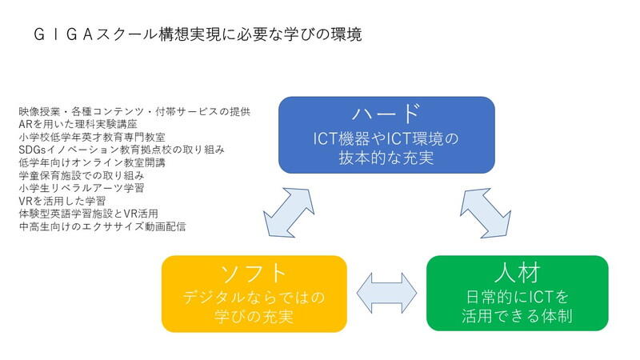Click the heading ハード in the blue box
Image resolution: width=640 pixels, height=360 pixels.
[x=386, y=113]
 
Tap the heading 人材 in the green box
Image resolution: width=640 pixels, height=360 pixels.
[x=517, y=272]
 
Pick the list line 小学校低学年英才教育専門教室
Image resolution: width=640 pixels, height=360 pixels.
[x=102, y=137]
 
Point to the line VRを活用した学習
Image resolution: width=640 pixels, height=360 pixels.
[x=72, y=201]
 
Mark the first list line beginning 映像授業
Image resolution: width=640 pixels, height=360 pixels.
[x=135, y=111]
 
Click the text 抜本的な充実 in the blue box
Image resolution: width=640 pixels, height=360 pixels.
[x=386, y=157]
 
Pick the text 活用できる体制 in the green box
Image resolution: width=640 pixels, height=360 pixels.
[x=517, y=316]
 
